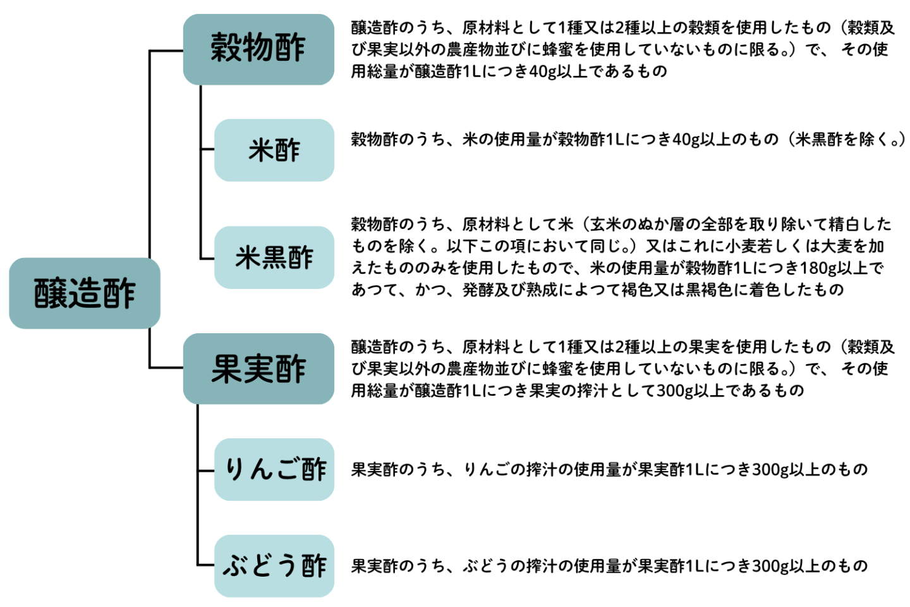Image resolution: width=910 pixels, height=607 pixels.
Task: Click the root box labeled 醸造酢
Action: pyautogui.click(x=85, y=293)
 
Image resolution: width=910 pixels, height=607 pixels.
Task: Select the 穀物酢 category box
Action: pyautogui.click(x=258, y=49)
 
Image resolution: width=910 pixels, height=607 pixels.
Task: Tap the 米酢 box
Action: pyautogui.click(x=274, y=150)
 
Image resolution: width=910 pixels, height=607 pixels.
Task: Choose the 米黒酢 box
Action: pyautogui.click(x=274, y=257)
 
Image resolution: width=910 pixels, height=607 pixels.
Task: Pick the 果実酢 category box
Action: pyautogui.click(x=258, y=369)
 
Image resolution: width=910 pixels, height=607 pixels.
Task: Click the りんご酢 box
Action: pyautogui.click(x=274, y=469)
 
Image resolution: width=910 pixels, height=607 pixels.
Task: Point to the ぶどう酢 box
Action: pyautogui.click(x=274, y=566)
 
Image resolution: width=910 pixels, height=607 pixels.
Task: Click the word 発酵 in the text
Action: pyautogui.click(x=478, y=290)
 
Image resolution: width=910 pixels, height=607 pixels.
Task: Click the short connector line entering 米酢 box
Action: pyautogui.click(x=207, y=150)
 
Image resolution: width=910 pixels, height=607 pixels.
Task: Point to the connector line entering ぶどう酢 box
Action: pyautogui.click(x=206, y=565)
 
